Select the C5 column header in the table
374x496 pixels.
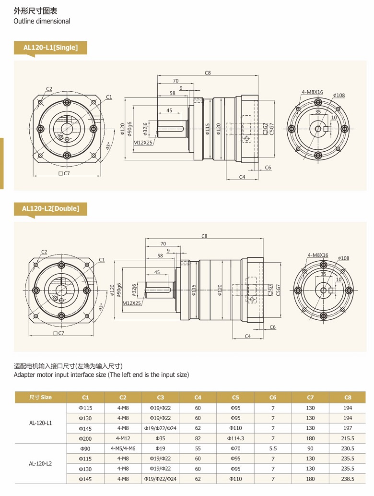[x=235, y=397]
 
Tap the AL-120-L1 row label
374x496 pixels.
[x=40, y=423]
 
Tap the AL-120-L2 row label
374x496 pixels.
[x=40, y=463]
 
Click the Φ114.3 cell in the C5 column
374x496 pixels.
[x=235, y=438]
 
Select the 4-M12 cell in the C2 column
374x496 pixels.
[x=123, y=438]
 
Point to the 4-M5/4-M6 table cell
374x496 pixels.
[x=123, y=448]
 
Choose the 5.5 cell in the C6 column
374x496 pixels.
[x=273, y=448]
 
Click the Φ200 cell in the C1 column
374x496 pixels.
[x=85, y=438]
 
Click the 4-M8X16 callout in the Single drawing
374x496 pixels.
[x=312, y=92]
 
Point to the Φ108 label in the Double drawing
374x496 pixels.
[x=343, y=258]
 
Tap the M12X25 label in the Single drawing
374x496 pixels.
[x=142, y=143]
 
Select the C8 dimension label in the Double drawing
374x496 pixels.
[x=204, y=236]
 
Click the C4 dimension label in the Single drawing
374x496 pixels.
[x=242, y=177]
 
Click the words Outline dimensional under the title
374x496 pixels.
[x=42, y=21]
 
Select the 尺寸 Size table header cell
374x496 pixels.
[x=40, y=397]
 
